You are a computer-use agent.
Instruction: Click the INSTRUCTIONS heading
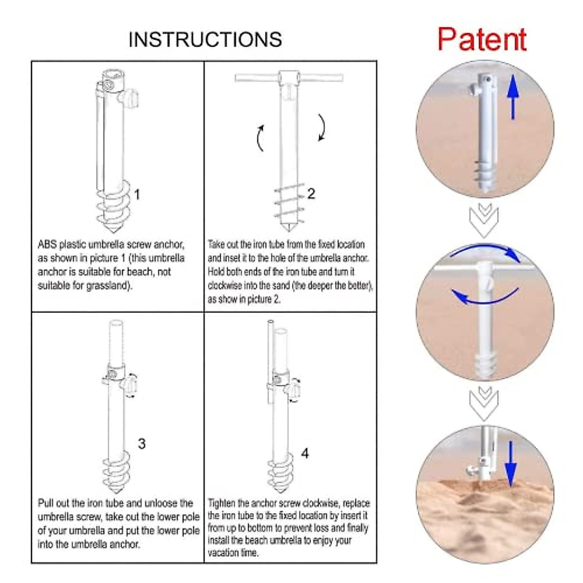[205, 40]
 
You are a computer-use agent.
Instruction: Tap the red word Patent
[482, 40]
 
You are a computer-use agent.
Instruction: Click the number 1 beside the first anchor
[137, 194]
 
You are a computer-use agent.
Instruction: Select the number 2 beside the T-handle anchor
[311, 194]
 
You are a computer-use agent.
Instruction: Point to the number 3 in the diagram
[141, 444]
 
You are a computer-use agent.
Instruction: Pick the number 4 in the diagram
[305, 453]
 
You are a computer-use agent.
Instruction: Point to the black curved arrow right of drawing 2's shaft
[322, 127]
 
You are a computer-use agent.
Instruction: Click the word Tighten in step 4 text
[222, 503]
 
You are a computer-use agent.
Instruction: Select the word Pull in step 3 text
[45, 503]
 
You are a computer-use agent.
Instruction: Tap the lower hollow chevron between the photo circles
[484, 403]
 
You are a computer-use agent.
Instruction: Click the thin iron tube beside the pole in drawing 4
[271, 361]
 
